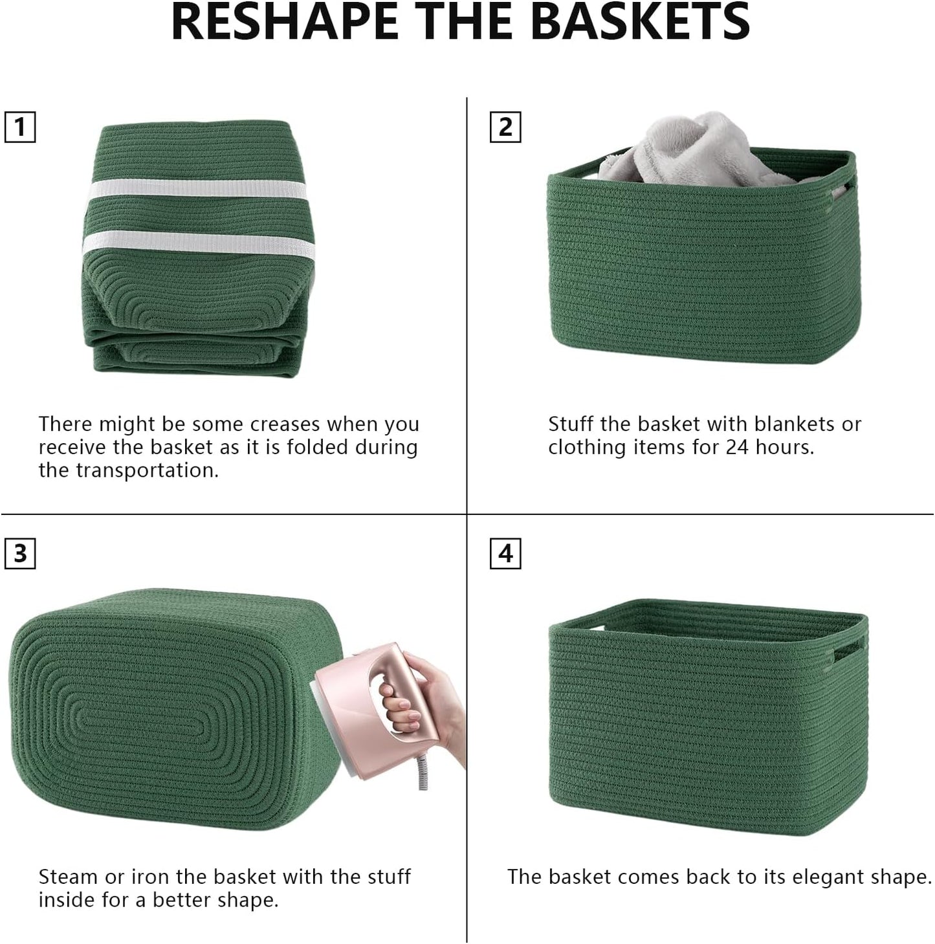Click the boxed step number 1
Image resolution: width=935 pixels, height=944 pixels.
point(20,127)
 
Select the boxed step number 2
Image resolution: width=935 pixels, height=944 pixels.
point(505,127)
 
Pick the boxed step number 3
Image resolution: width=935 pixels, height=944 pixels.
point(20,554)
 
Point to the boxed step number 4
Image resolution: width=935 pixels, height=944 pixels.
point(505,554)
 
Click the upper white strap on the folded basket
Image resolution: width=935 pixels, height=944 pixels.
point(197,190)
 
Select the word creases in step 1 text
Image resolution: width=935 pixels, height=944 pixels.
point(285,424)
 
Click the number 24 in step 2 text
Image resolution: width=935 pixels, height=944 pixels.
point(736,448)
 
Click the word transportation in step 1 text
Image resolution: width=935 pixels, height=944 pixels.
point(156,470)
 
